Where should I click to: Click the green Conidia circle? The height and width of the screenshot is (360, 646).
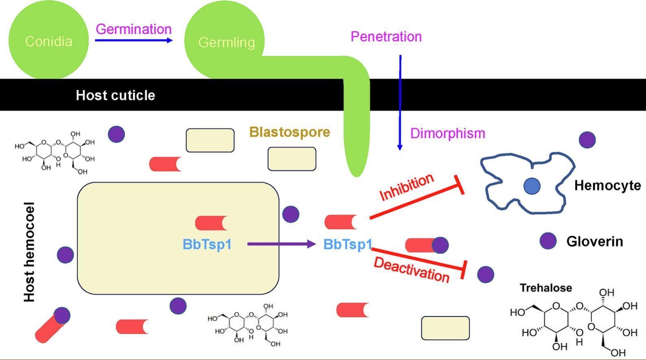click(48, 41)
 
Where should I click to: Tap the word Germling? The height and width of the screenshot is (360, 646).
click(226, 42)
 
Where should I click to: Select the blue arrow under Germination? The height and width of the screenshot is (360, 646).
click(134, 40)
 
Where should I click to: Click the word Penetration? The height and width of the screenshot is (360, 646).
click(386, 37)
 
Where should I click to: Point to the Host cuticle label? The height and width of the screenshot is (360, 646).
click(115, 95)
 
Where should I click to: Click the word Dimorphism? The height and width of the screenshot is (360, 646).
click(447, 133)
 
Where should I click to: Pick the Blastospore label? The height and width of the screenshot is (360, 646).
click(289, 132)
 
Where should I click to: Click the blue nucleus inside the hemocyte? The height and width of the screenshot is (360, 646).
click(532, 186)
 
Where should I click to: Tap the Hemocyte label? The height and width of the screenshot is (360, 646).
click(607, 186)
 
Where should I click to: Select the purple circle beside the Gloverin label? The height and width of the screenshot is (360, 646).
click(548, 241)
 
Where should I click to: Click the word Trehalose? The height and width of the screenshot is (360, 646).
click(546, 288)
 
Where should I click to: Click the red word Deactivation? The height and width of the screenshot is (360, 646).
click(411, 270)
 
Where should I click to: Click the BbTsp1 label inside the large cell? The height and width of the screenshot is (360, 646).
click(207, 244)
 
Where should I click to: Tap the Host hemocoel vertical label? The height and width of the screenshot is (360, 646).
click(29, 252)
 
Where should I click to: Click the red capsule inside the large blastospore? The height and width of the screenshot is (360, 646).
click(211, 223)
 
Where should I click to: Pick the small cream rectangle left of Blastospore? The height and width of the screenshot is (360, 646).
click(210, 141)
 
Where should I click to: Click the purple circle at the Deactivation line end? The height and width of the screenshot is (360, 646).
click(485, 275)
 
